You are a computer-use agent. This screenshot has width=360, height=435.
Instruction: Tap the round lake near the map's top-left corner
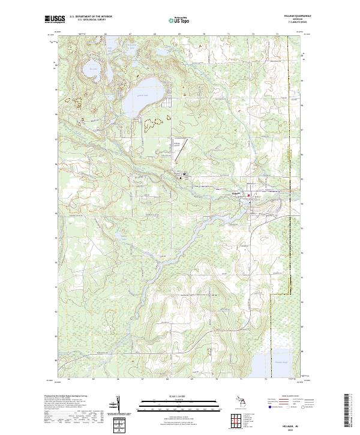click(x=91, y=67)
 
